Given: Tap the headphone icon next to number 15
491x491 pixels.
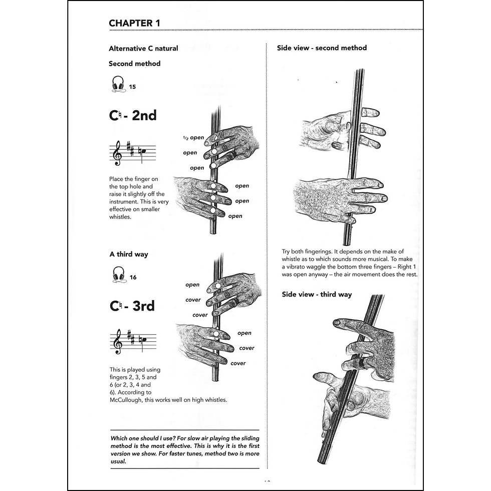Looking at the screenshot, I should click(x=118, y=84).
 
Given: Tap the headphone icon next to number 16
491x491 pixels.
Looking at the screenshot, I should click(x=118, y=275).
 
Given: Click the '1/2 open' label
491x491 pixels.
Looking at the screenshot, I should click(x=193, y=138).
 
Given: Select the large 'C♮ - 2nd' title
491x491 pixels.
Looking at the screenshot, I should click(x=133, y=115).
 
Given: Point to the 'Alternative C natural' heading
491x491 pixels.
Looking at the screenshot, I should click(x=143, y=49).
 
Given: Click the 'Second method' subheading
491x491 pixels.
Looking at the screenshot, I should click(x=134, y=64).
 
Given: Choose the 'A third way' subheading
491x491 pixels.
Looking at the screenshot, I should click(x=129, y=254).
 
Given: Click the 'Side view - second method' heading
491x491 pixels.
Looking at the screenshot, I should click(x=322, y=48).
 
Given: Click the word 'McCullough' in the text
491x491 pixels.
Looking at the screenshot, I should click(x=128, y=399).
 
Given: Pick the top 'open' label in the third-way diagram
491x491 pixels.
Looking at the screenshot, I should click(x=192, y=285).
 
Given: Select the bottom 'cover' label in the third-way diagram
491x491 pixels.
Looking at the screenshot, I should click(x=238, y=363).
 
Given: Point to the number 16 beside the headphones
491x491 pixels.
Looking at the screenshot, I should click(x=133, y=277).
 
